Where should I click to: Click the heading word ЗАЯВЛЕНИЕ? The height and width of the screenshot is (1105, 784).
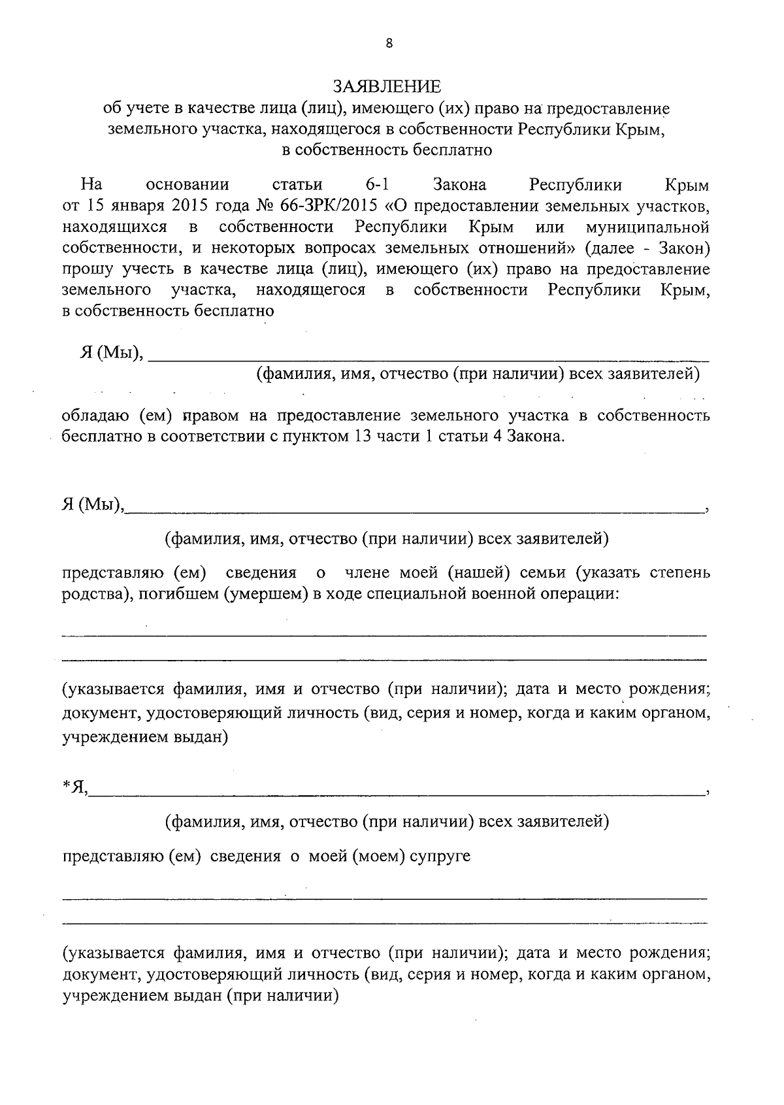click(x=387, y=86)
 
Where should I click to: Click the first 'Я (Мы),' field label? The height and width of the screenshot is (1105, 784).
click(x=110, y=353)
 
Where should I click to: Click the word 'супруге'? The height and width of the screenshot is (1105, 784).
click(x=440, y=855)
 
